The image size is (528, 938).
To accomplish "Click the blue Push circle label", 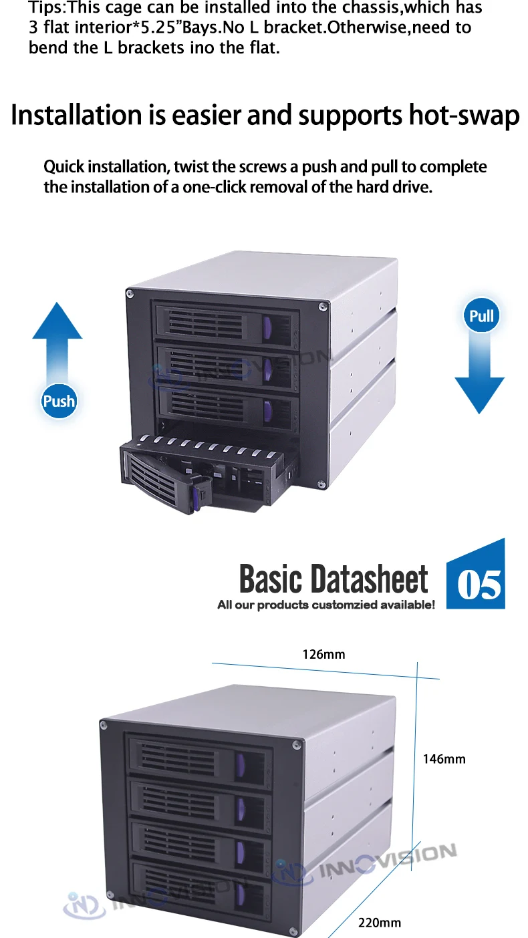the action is point(59,401).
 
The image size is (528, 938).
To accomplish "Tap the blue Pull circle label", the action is point(481,315).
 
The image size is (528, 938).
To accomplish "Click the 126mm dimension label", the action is point(323,654).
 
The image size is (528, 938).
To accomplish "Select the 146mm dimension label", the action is point(444,759).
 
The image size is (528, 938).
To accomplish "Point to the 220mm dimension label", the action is point(380,923).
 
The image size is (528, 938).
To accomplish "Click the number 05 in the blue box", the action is point(479,585).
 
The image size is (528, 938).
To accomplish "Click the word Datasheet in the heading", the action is point(370,579).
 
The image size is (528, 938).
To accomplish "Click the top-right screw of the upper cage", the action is point(323,306).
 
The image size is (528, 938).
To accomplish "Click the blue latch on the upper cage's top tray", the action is point(268,328).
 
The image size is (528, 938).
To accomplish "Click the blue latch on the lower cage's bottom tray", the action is point(239,894).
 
